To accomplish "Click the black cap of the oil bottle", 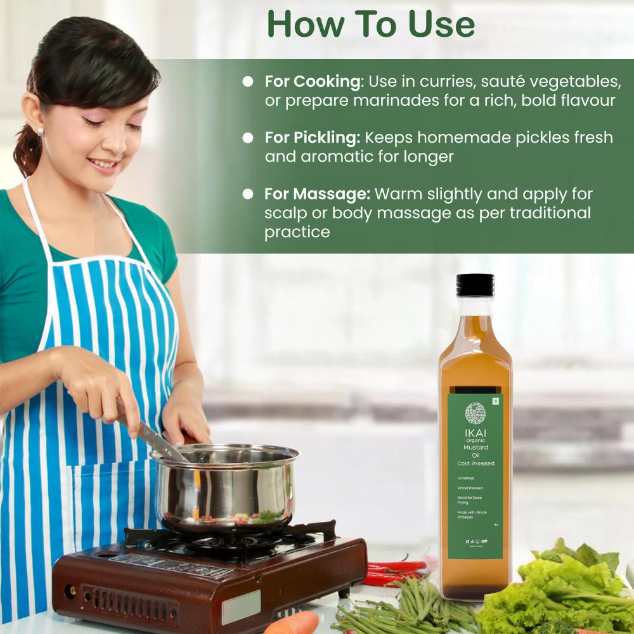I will point(475,285).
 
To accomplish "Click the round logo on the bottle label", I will point(475,413).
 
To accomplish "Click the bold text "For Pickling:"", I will point(313,138).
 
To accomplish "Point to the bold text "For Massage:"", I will point(317,194).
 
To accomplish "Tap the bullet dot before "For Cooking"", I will point(249,82).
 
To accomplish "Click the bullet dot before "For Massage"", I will point(249,194).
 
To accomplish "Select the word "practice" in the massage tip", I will point(297,231).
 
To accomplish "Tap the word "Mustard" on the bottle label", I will point(475,448).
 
